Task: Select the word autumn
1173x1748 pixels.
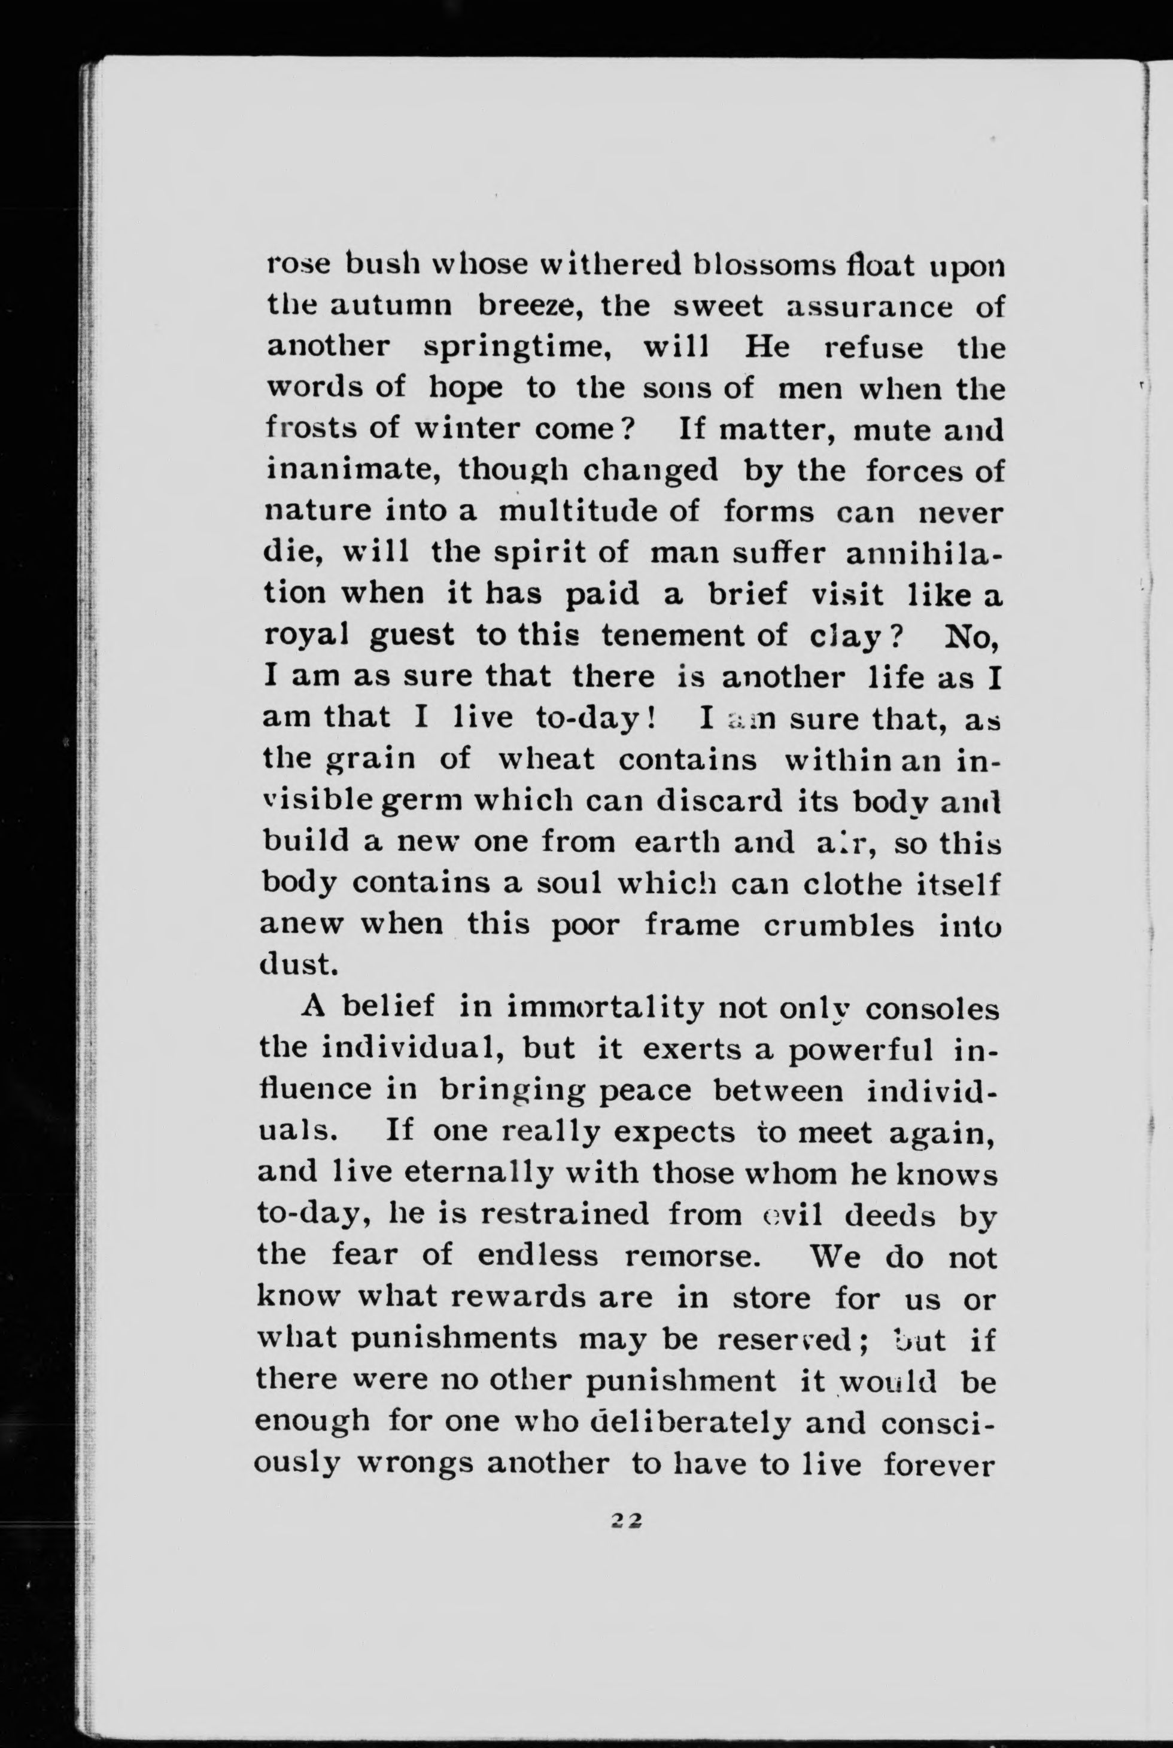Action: coord(394,306)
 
